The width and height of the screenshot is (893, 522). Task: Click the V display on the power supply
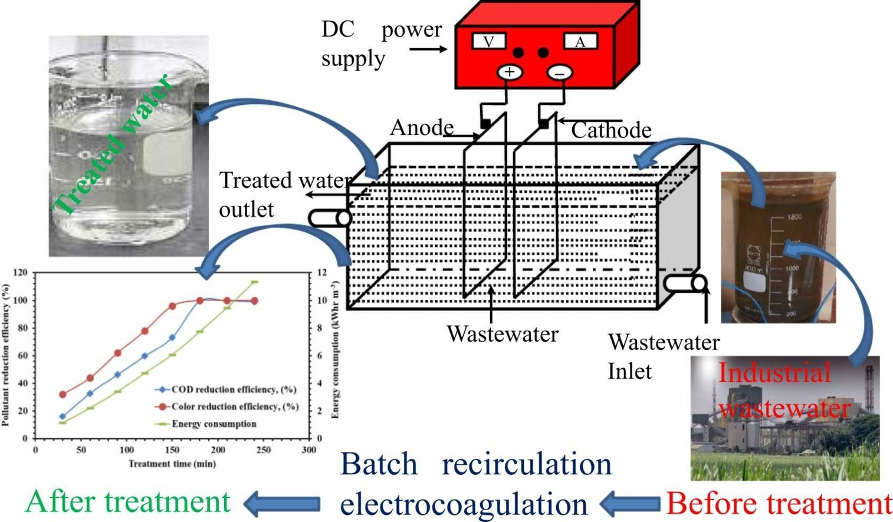[x=488, y=41]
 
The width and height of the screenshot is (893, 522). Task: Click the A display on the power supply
[x=580, y=41]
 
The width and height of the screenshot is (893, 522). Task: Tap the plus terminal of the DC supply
[x=510, y=72]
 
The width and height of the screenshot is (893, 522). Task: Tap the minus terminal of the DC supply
[x=560, y=73]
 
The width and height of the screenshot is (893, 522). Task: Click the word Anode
[x=422, y=127]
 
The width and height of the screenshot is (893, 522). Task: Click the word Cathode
[x=611, y=130]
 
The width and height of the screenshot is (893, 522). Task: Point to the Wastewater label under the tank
[x=502, y=334]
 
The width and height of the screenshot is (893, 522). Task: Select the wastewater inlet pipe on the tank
[x=684, y=283]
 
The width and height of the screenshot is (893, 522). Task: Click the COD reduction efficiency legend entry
[x=234, y=389]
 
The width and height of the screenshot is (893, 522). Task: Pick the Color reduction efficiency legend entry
[x=235, y=407]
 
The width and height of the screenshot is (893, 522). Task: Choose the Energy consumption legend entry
[x=214, y=424]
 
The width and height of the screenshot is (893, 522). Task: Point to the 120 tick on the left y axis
[x=21, y=273]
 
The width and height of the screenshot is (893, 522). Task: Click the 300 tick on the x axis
[x=308, y=450]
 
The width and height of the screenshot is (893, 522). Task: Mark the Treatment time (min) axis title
[x=172, y=464]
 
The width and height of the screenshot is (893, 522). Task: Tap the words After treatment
[x=127, y=502]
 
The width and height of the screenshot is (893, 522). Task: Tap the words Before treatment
[x=779, y=504]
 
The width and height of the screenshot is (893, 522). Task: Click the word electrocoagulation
[x=464, y=504]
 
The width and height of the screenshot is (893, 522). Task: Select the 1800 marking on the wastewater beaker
[x=794, y=217]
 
